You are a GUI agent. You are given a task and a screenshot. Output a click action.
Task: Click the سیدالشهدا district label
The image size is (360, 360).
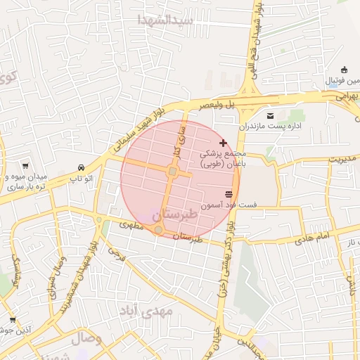pos(166,20)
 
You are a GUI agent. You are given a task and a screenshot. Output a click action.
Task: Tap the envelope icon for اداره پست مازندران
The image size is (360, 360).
pos(271,116)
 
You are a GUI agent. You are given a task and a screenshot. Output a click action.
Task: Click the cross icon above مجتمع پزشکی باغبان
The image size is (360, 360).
pos(223,143)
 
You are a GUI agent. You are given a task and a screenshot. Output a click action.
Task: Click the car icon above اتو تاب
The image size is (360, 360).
pos(82,168)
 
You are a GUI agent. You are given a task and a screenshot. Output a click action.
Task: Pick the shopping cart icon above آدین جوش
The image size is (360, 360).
pos(12,320)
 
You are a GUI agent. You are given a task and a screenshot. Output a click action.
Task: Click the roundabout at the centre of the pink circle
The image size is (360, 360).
pos(172,172)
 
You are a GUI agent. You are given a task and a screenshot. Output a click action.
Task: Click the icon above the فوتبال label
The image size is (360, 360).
pos(344,70)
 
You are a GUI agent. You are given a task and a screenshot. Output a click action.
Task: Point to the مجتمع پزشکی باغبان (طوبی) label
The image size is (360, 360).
pos(222,158)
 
